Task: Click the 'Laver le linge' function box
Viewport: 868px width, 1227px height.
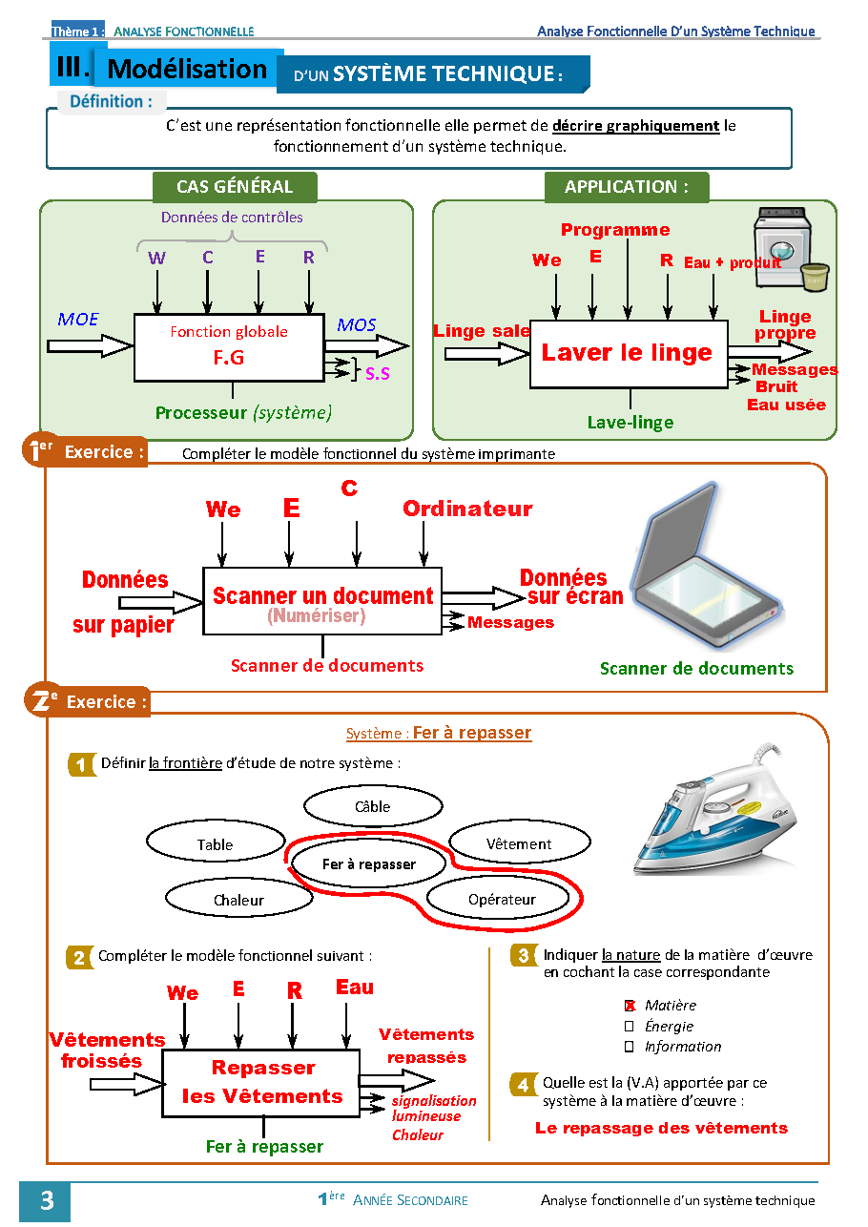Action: pos(628,353)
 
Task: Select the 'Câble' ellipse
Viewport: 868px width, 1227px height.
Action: pos(372,807)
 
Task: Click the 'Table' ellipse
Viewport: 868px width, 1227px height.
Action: pos(215,844)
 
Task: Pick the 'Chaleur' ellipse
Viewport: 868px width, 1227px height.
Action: pos(238,900)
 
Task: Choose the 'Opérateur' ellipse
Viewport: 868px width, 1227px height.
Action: pos(502,899)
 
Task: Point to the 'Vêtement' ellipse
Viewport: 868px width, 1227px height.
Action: pos(518,844)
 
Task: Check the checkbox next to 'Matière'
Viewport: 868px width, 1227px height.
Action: pos(630,1006)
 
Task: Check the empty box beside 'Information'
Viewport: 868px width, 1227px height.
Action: pos(630,1047)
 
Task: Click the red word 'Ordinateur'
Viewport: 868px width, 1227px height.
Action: pos(467,510)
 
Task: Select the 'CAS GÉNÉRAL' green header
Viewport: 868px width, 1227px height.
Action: pos(235,187)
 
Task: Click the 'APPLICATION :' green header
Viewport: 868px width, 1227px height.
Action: pos(626,187)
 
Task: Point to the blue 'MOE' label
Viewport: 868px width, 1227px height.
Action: pos(78,320)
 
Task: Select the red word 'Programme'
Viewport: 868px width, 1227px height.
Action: pos(615,230)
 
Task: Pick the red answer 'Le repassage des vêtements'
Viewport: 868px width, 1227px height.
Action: pos(661,1128)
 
